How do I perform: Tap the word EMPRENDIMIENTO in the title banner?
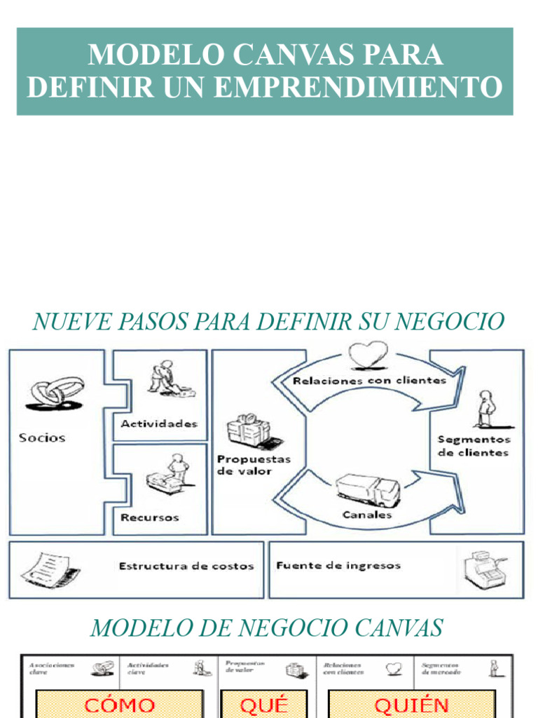[x=358, y=87]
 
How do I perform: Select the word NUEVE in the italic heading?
[x=66, y=322]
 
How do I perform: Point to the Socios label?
[x=42, y=438]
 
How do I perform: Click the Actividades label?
[x=159, y=424]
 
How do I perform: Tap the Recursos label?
[x=149, y=517]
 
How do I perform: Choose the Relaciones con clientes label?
[x=369, y=381]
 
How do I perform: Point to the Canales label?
[x=367, y=515]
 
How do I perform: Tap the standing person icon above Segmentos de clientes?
[x=485, y=409]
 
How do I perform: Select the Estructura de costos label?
[x=186, y=566]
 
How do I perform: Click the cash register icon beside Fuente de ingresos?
[x=485, y=568]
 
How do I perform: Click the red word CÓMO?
[x=119, y=705]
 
